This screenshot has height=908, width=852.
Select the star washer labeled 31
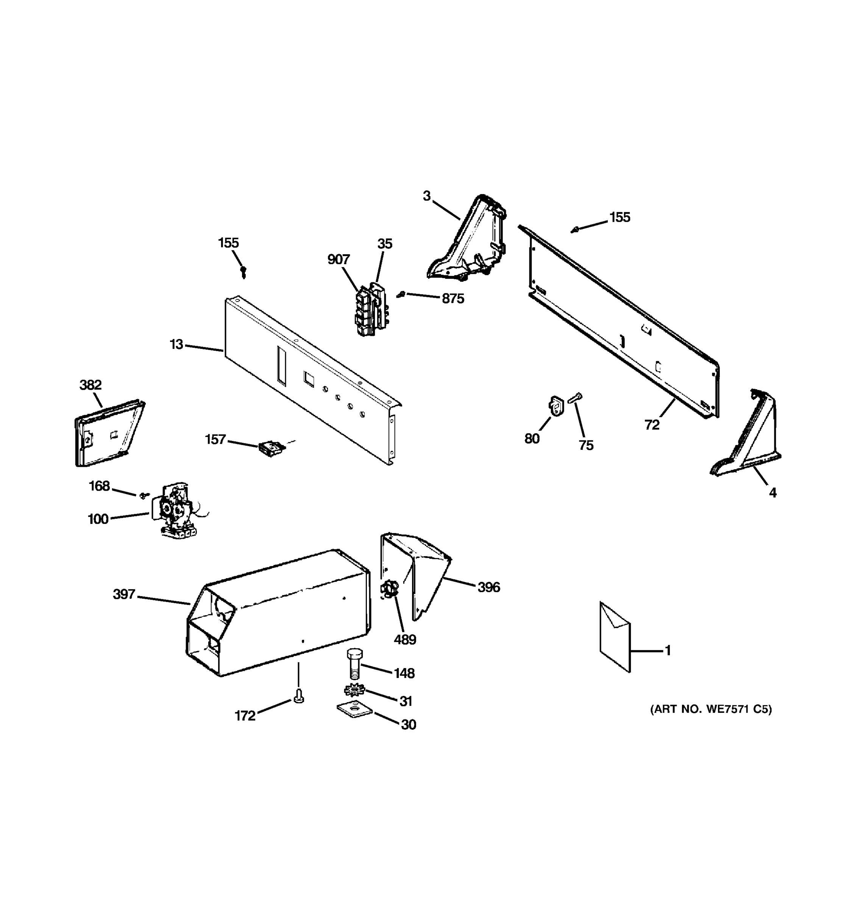(354, 690)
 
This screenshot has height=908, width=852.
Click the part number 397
(124, 594)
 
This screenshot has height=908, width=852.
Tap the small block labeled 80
(556, 406)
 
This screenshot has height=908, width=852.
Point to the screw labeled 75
(574, 398)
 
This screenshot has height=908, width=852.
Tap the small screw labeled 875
(401, 295)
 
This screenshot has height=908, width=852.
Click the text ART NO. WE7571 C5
(711, 709)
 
